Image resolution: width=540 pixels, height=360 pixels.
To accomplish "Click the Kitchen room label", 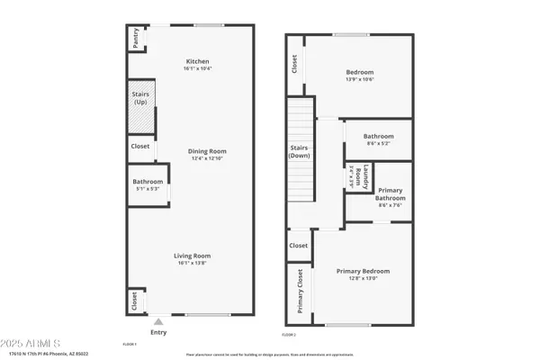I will [x=197, y=60].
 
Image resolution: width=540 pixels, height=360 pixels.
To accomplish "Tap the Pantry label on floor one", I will [x=135, y=38].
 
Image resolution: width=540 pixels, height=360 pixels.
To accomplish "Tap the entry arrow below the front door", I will [x=159, y=321].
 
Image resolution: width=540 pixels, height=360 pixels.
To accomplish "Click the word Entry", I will [x=159, y=332].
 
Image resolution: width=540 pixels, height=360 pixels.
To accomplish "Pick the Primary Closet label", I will [x=300, y=293].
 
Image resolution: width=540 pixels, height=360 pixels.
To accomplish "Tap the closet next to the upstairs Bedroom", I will [x=294, y=64].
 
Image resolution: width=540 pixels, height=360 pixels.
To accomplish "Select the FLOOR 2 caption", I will [x=289, y=335].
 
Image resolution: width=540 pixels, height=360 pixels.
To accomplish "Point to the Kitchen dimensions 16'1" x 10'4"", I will [x=197, y=67].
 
